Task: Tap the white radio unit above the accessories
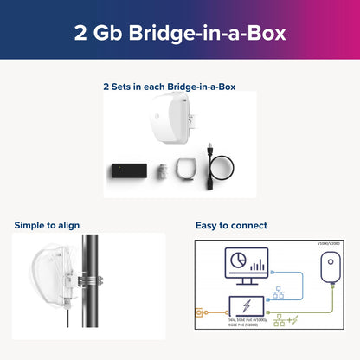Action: tap(170, 120)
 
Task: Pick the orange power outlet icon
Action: tap(202, 311)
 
